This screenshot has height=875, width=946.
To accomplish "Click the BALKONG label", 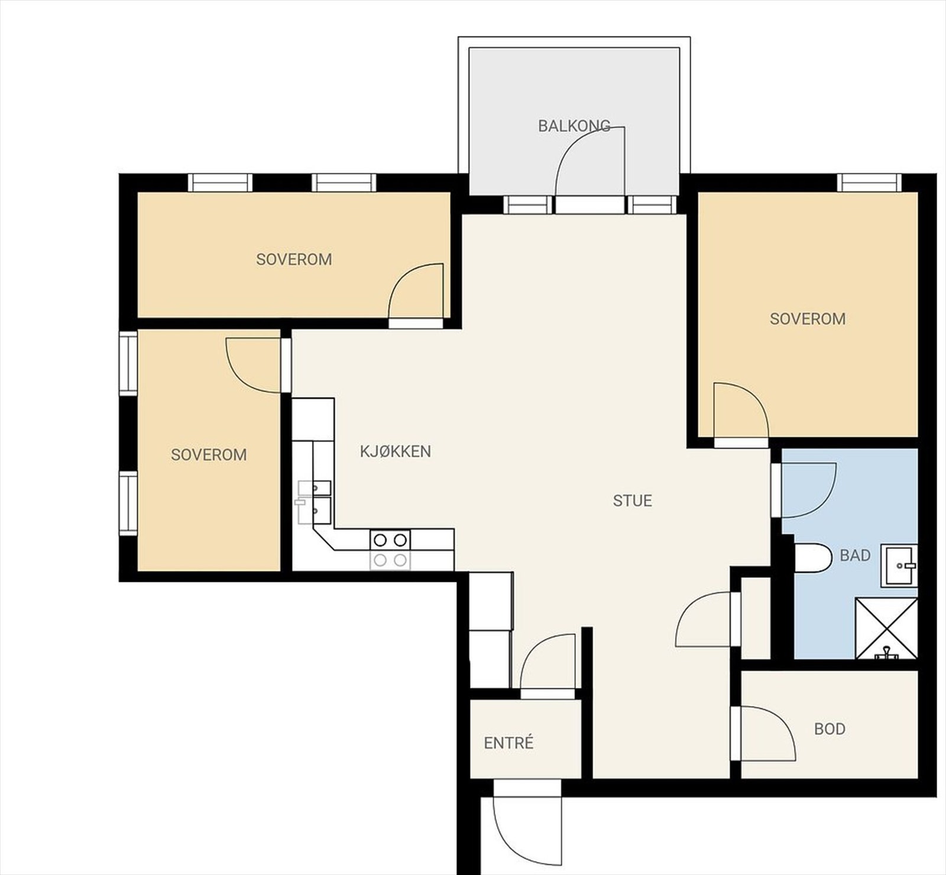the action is pos(574,126).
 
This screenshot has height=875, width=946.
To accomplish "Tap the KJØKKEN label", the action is pos(396,451).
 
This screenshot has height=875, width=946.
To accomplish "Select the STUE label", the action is pos(632,501).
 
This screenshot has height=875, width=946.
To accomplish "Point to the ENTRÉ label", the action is pos(508,742).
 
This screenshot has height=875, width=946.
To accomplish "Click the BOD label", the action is pos(830,729).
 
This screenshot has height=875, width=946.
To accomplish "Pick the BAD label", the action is pos(855,555).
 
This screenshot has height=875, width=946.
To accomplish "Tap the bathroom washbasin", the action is pos(899,565).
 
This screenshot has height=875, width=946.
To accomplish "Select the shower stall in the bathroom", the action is pos(886,629).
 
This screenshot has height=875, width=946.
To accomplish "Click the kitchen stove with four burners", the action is pos(390,549).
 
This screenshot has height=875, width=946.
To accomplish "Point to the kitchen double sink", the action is pos(314,502).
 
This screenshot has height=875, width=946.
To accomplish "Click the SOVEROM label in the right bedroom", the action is pos(808,319).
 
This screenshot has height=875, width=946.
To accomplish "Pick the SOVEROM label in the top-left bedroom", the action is pos(294,259).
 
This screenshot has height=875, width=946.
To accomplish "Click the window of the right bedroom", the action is pos(869,183).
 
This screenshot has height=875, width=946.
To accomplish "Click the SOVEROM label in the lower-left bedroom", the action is pos(209,455).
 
